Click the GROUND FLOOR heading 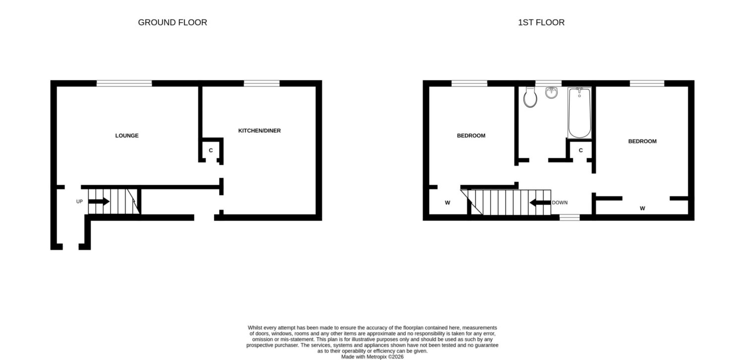172,22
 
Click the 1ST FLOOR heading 541,22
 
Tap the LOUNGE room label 127,136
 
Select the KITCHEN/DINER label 259,131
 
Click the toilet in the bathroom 530,97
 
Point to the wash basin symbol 551,93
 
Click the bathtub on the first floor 580,113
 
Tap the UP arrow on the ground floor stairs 99,202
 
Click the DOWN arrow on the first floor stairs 540,203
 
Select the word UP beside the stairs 79,202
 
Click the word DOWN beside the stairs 560,203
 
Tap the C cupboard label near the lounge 211,150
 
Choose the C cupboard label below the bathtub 581,150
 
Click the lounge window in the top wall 124,83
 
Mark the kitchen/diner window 262,83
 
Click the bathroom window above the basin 548,83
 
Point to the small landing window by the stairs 569,217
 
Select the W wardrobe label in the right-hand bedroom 642,209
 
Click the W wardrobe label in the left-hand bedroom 447,203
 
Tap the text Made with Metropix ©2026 372,357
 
